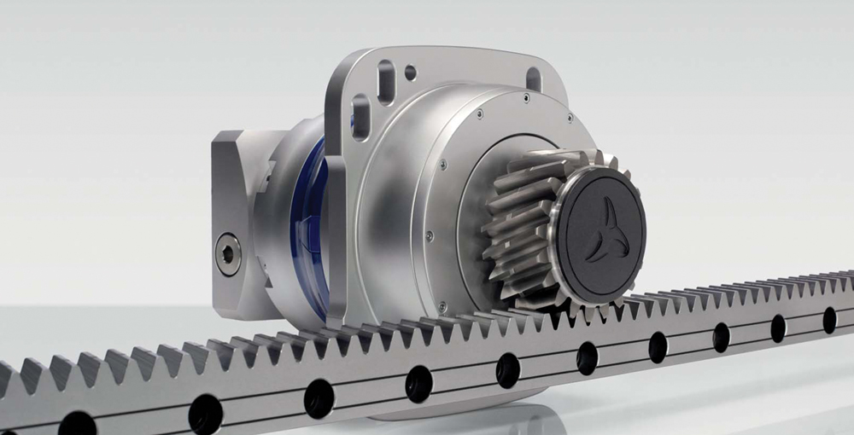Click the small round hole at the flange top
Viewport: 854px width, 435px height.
pos(411,72)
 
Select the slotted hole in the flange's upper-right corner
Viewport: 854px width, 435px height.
pos(534,78)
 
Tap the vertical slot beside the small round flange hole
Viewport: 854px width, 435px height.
pos(386,82)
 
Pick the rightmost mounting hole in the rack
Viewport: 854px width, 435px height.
pos(829,320)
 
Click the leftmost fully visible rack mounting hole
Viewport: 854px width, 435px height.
pos(206,414)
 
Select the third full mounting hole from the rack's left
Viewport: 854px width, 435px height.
pos(418,384)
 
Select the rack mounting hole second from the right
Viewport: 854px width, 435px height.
pos(778,328)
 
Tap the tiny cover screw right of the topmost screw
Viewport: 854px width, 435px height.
pos(526,99)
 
